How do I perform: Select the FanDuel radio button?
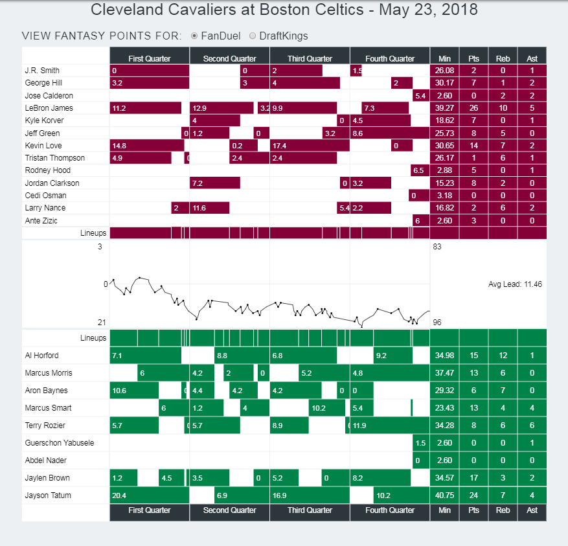[194, 36]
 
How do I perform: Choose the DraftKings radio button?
[253, 36]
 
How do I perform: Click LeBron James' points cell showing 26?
[473, 108]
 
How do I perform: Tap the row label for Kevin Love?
[43, 146]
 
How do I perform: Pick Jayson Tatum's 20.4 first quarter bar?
[149, 495]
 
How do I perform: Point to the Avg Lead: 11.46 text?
[514, 284]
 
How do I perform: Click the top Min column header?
[444, 58]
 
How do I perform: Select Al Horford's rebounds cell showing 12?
[503, 356]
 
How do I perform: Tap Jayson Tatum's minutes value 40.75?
[444, 495]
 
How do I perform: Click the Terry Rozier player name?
[48, 426]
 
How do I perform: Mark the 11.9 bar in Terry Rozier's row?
[389, 426]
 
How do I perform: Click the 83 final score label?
[437, 247]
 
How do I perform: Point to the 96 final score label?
[437, 323]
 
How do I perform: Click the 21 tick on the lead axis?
[102, 323]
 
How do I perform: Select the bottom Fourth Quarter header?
[390, 510]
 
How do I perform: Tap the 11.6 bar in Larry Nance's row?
[209, 208]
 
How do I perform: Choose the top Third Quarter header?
[310, 58]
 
